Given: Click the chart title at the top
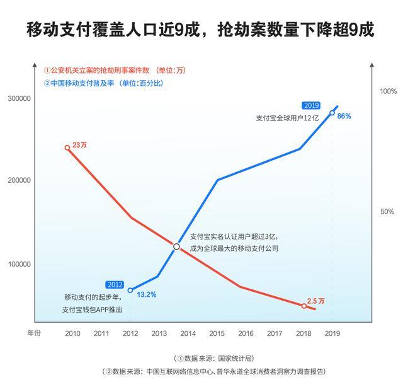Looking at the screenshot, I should (x=201, y=30).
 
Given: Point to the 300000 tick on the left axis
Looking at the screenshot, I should (x=19, y=99).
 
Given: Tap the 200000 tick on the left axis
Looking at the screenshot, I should (x=19, y=180).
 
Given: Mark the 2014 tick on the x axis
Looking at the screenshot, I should (x=188, y=333).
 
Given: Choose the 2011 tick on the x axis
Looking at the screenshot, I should (x=101, y=333).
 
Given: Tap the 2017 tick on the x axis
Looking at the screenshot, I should (x=275, y=333).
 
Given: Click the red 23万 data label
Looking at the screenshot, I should (x=79, y=145).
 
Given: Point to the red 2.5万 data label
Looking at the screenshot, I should (x=315, y=301).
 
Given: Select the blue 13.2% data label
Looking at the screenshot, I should (x=146, y=294).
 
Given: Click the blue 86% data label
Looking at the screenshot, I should (x=344, y=116).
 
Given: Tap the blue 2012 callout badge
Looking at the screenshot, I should (x=115, y=284).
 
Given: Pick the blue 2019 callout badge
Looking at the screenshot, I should (x=311, y=105).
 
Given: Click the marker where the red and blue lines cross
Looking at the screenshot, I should (x=177, y=247).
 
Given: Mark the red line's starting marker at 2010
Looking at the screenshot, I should (x=67, y=148).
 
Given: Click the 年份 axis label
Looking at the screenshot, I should (x=33, y=333).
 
